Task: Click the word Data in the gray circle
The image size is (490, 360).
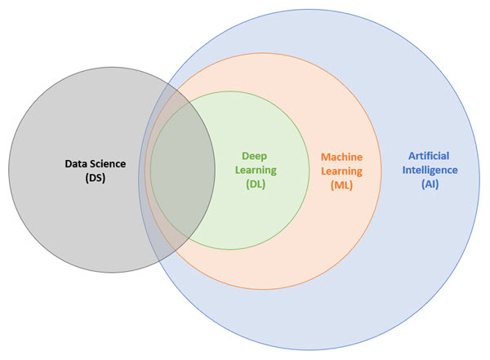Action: point(77,164)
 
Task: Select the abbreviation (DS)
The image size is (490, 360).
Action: point(96,179)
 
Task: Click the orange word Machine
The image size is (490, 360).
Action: point(341,155)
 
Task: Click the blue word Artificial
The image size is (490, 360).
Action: point(429,155)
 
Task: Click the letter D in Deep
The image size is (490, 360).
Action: point(246,154)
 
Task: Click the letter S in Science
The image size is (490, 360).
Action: point(93,164)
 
